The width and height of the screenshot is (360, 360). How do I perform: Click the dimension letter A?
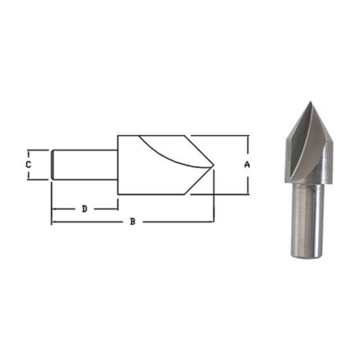247,165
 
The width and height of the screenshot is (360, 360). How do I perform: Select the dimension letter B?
132,222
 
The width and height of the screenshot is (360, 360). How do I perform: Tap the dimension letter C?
28,164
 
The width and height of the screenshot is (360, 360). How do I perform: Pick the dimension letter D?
84,209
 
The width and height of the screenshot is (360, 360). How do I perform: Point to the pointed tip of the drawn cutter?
214,165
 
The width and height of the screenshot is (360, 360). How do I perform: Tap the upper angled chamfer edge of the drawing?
201,150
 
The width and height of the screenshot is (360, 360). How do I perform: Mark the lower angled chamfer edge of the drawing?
201,180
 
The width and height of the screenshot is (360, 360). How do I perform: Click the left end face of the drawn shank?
52,164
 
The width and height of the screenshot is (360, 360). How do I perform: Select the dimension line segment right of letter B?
177,222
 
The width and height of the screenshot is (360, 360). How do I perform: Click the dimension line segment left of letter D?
65,209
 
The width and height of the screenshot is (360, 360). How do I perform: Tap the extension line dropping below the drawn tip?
215,196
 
